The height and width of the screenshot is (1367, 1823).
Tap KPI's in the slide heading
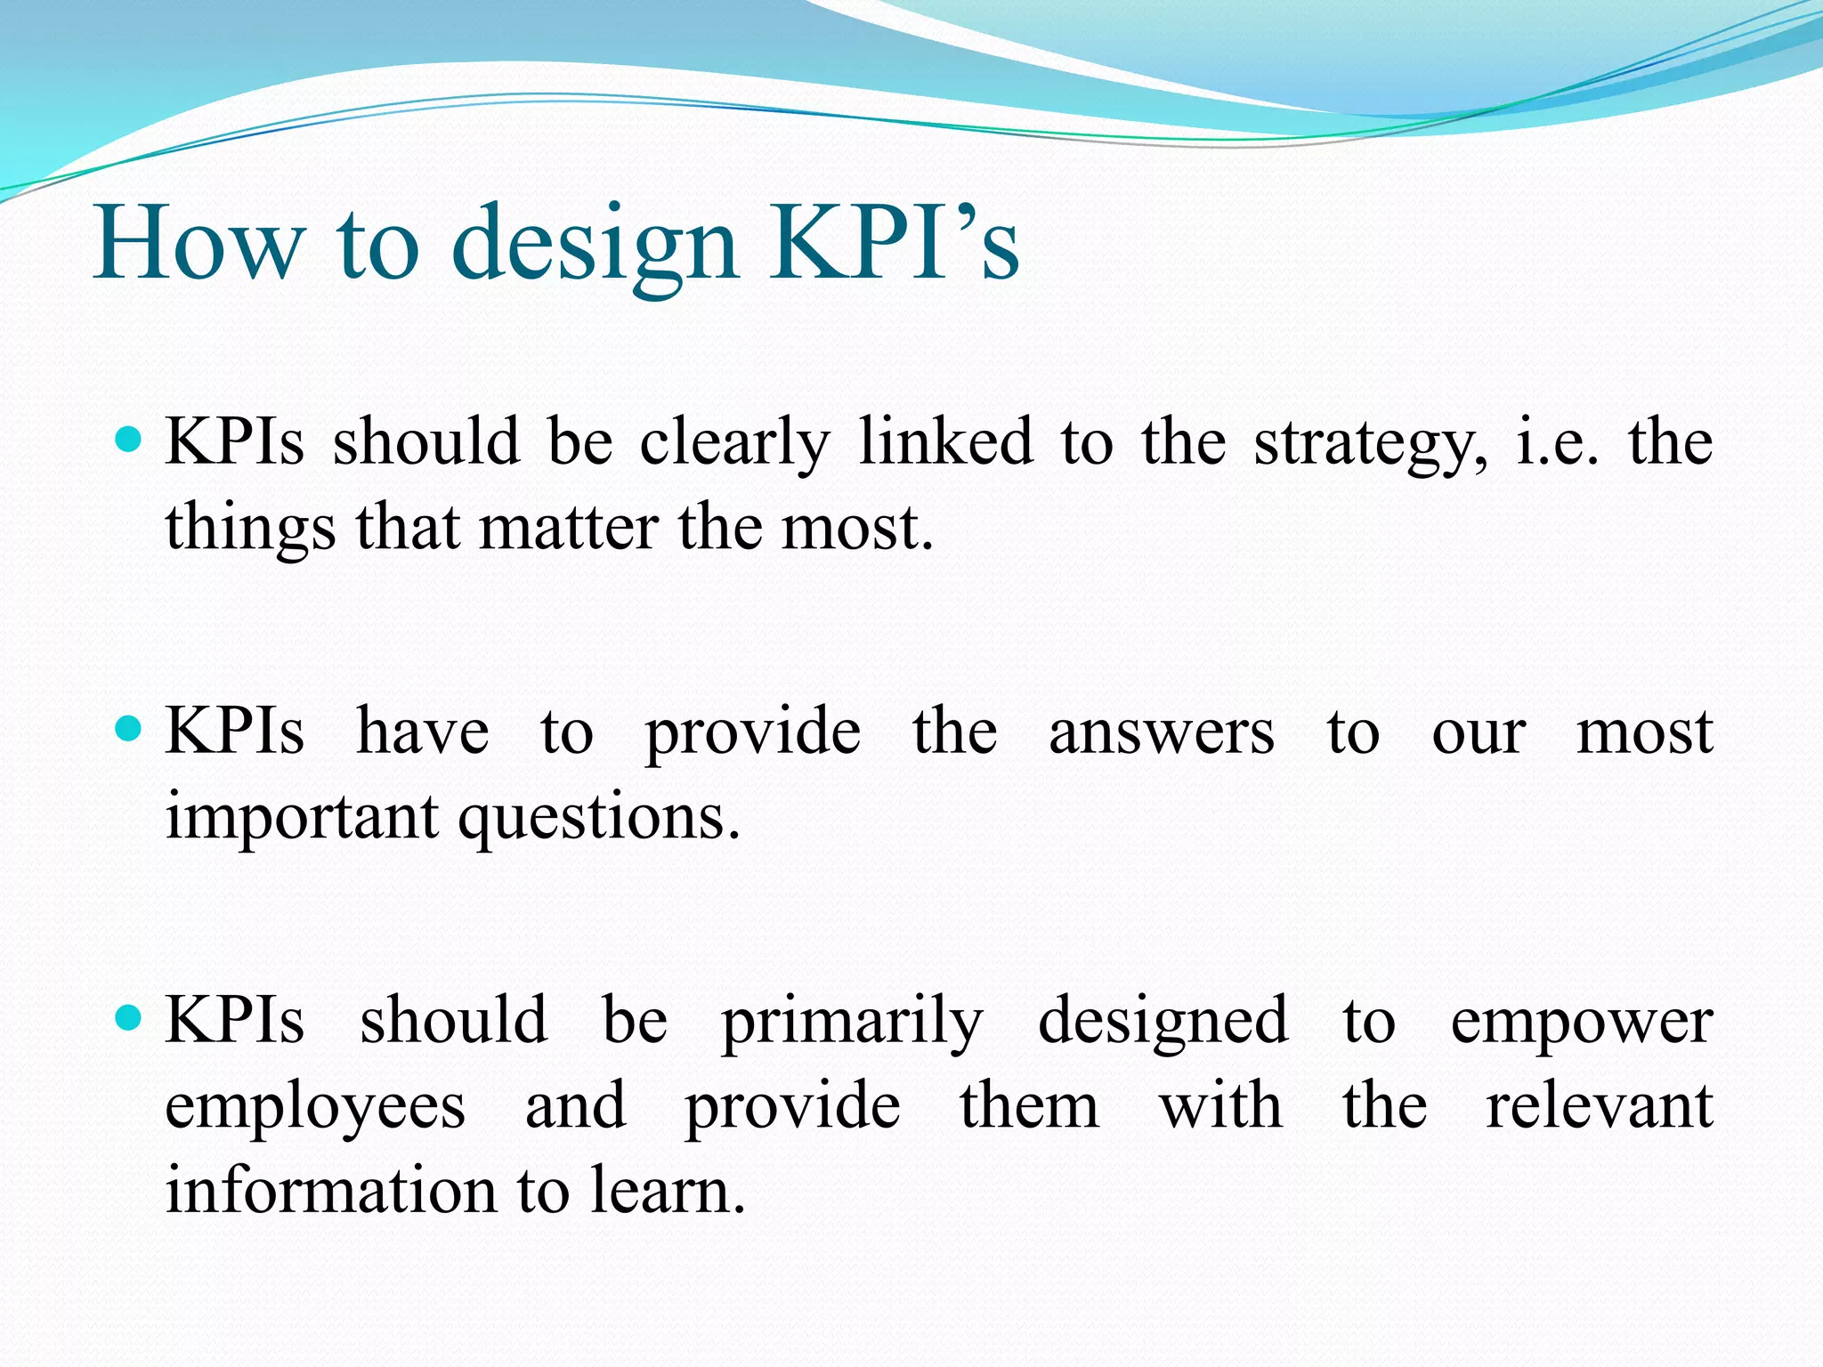pos(894,242)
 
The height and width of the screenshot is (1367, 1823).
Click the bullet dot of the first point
pos(129,439)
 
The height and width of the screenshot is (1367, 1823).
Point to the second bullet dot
pos(129,729)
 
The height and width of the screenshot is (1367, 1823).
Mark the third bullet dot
pos(129,1017)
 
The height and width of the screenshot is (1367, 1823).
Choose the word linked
pos(945,441)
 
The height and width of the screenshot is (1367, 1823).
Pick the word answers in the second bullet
pos(1162,733)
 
